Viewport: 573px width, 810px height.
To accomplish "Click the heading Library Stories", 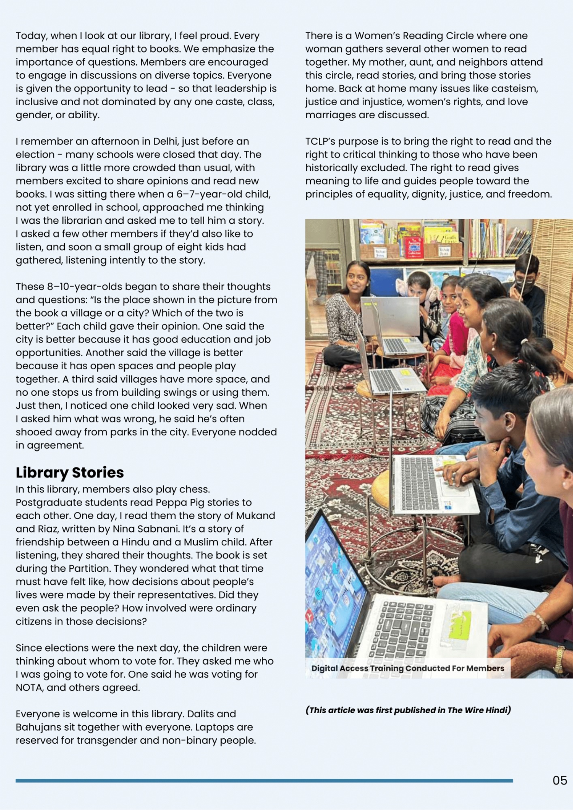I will [70, 473].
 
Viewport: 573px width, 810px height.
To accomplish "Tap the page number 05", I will [560, 780].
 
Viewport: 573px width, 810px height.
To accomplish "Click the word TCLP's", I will [320, 141].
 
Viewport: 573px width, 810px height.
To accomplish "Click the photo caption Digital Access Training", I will [408, 668].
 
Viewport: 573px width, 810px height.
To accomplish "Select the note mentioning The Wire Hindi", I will [408, 710].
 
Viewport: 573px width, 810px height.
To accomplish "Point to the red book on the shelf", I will [413, 247].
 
